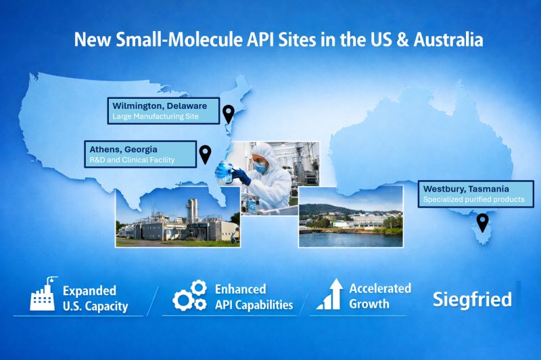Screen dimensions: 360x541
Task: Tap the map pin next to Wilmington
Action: pos(229,114)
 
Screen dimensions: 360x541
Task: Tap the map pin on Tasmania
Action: pos(482,221)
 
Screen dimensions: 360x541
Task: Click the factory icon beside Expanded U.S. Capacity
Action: pos(42,294)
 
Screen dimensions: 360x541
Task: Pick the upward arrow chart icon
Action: pos(329,296)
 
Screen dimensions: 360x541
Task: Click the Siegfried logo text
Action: pos(472,299)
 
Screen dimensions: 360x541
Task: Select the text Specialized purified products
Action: pos(473,200)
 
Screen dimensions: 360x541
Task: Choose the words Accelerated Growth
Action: pos(379,296)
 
